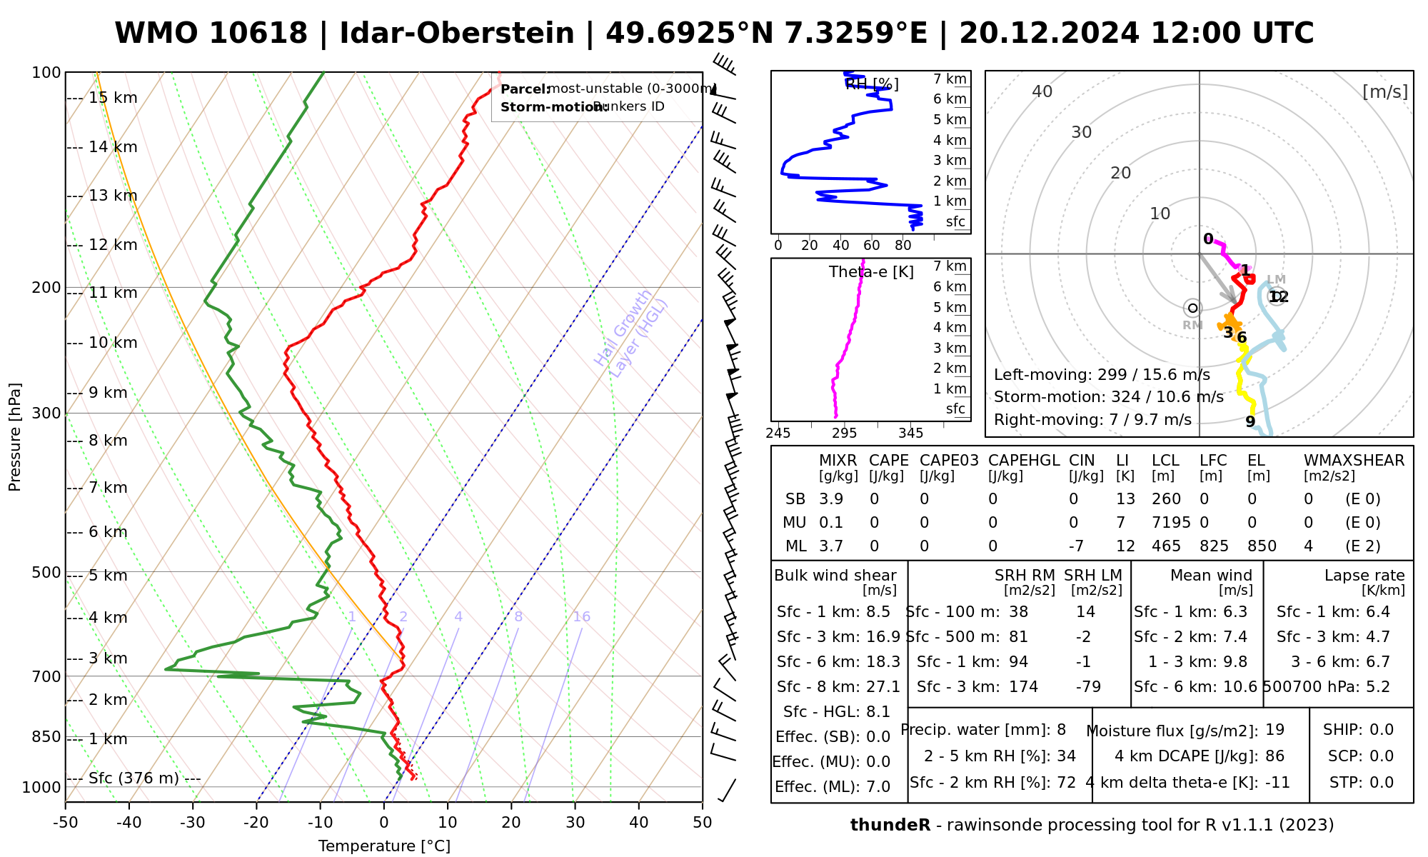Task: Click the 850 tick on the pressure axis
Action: click(x=46, y=736)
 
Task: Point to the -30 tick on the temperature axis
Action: click(x=193, y=823)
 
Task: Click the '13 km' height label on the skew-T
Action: click(x=113, y=196)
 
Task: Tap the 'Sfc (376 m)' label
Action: click(x=134, y=778)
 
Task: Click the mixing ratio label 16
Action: click(x=581, y=617)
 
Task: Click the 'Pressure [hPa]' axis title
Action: click(x=15, y=437)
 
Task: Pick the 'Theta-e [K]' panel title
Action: click(x=871, y=272)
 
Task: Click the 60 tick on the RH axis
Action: click(x=871, y=246)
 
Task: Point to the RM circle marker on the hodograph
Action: click(x=1192, y=309)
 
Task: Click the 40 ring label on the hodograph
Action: click(x=1042, y=91)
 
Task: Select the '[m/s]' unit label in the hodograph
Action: click(x=1384, y=92)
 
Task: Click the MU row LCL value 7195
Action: click(x=1171, y=523)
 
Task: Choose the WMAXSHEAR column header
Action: click(x=1354, y=461)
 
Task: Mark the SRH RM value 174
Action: click(x=1023, y=687)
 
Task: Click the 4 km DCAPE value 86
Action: click(x=1274, y=756)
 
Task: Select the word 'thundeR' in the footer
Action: click(x=890, y=826)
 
